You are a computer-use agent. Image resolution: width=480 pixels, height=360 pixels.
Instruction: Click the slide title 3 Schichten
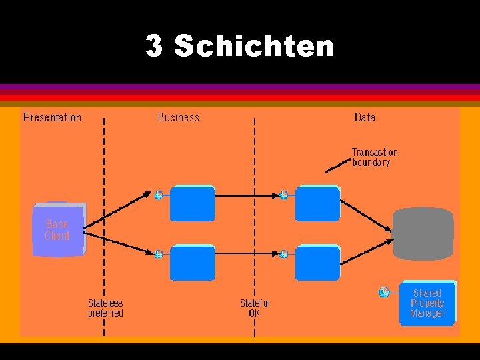[239, 46]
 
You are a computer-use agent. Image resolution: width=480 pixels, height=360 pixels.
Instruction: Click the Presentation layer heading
[52, 117]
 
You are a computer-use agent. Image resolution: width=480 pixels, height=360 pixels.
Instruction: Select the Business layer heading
[178, 117]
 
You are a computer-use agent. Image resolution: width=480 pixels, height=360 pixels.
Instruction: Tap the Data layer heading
[365, 117]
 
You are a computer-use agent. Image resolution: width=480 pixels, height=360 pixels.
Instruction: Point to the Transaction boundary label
[374, 157]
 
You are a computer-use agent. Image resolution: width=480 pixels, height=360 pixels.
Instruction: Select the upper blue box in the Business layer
[192, 203]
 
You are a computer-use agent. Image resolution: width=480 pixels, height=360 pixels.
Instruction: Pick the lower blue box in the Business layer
[192, 263]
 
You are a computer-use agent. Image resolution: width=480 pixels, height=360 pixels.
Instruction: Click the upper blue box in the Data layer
[317, 203]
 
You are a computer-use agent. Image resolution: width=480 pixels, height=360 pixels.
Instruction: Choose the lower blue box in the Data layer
[317, 263]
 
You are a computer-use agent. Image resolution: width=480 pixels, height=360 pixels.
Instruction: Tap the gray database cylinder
[423, 234]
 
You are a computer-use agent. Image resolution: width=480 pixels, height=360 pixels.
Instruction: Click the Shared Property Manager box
[427, 303]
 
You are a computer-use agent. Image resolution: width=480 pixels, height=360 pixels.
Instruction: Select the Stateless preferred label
[105, 308]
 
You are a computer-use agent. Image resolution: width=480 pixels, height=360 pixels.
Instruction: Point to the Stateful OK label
[255, 308]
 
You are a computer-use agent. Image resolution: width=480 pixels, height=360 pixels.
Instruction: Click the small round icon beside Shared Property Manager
[384, 292]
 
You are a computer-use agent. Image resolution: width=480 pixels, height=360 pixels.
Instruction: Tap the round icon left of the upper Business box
[159, 195]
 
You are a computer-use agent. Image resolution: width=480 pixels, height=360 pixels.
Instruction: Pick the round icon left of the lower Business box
[159, 254]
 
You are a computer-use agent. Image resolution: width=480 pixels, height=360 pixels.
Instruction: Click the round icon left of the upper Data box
[283, 195]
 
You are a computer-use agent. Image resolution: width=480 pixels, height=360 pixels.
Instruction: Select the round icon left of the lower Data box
[283, 254]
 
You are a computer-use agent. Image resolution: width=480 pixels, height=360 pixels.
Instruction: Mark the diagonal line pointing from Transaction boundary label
[338, 166]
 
